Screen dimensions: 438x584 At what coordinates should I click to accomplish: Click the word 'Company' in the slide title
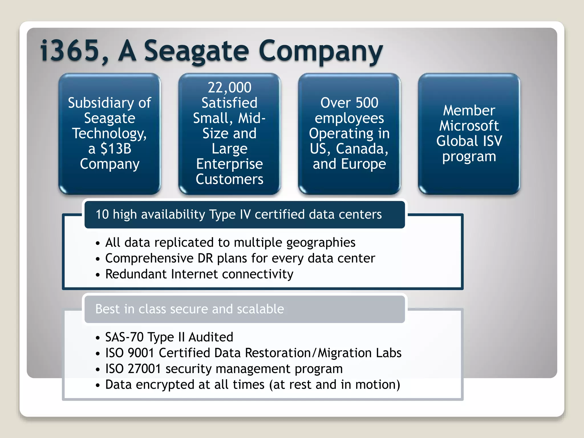click(x=321, y=51)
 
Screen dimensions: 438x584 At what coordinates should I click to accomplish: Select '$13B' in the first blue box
click(x=116, y=149)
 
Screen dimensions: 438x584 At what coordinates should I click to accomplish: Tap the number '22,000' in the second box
click(x=230, y=88)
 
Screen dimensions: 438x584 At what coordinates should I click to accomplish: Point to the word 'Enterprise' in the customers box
click(x=230, y=164)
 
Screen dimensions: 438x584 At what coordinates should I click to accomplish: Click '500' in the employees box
click(x=367, y=103)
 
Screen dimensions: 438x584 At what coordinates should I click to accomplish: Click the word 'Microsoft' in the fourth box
click(x=469, y=126)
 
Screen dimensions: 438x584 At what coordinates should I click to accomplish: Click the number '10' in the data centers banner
click(x=102, y=214)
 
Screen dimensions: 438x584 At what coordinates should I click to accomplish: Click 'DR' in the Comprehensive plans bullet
click(x=205, y=258)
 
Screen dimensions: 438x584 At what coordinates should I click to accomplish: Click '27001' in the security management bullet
click(x=144, y=369)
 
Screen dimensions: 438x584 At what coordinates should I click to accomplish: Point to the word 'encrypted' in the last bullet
click(x=165, y=385)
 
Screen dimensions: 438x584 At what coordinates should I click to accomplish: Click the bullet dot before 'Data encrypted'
click(x=98, y=386)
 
